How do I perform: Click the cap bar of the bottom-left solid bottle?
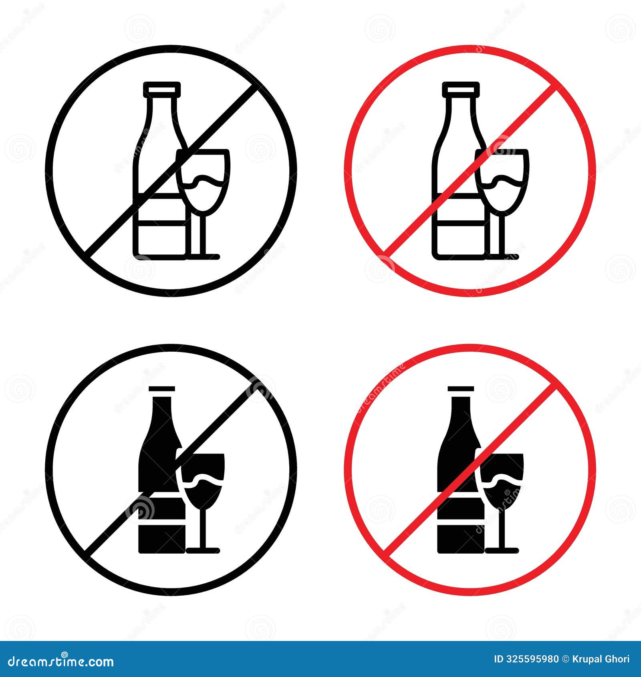[x=162, y=388]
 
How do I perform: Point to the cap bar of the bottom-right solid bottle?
[x=461, y=388]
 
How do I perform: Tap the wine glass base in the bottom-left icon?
[x=203, y=550]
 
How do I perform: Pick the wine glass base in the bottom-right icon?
[x=502, y=550]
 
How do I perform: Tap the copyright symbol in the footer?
[x=565, y=659]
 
